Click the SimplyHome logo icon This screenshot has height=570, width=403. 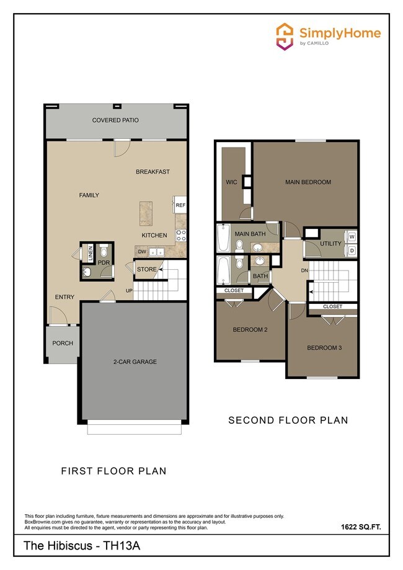[x=285, y=36]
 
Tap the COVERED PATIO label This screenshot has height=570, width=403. [x=115, y=120]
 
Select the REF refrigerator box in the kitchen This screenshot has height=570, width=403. [x=180, y=205]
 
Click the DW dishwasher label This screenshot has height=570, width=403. [x=141, y=251]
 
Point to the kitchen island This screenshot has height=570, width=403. [x=146, y=212]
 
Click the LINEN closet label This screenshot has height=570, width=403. [x=90, y=252]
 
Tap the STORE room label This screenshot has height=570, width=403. [x=147, y=269]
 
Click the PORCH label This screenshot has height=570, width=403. [x=62, y=343]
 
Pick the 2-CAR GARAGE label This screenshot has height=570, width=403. [x=134, y=362]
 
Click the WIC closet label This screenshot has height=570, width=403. [x=232, y=182]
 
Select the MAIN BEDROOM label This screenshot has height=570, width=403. [x=308, y=182]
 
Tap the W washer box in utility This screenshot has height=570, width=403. [x=352, y=236]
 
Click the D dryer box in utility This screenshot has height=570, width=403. [x=352, y=251]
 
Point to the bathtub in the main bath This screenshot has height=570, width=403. [x=224, y=239]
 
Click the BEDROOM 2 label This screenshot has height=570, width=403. [x=250, y=329]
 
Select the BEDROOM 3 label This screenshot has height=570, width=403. [x=324, y=348]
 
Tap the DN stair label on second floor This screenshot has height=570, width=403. [x=304, y=270]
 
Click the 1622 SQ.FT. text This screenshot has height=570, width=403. [x=360, y=527]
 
